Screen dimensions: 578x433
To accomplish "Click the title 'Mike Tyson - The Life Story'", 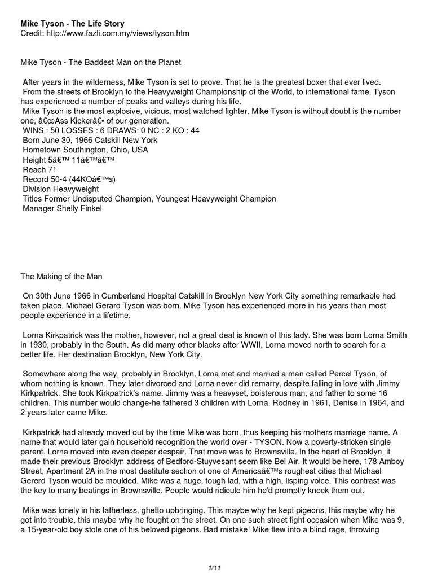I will (x=72, y=23).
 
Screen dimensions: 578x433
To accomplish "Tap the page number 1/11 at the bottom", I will (x=215, y=566).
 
